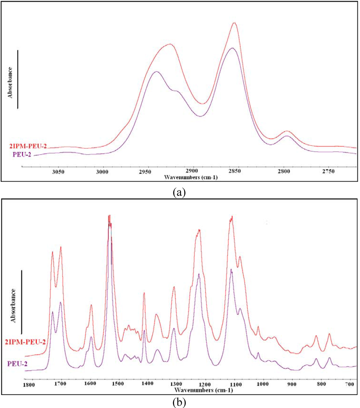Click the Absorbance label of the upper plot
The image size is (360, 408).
coord(11,82)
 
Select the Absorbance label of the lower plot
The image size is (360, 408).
coord(14,305)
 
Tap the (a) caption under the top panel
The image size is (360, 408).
coord(180,192)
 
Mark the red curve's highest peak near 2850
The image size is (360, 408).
coord(234,23)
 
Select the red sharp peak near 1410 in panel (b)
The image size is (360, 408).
coord(144,293)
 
